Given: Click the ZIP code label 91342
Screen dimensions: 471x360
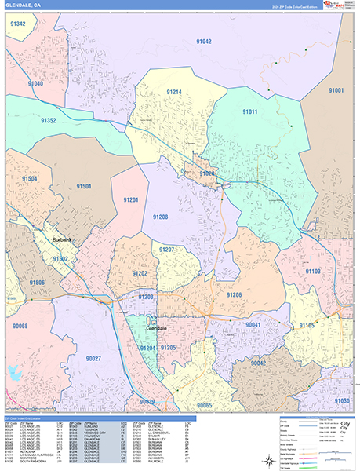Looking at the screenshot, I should [x=17, y=24].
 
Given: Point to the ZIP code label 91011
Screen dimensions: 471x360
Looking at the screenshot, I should [x=249, y=112].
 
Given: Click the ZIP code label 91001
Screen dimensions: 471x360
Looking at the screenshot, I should [x=336, y=91].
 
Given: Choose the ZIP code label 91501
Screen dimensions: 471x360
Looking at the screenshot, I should [x=84, y=186].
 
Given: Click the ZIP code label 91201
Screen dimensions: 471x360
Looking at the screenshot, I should [x=131, y=200].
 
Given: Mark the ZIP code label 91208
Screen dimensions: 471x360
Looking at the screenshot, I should [x=161, y=217].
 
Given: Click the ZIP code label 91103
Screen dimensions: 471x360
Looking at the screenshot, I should [x=312, y=271].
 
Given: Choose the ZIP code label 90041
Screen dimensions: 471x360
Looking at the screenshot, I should [x=253, y=324].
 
